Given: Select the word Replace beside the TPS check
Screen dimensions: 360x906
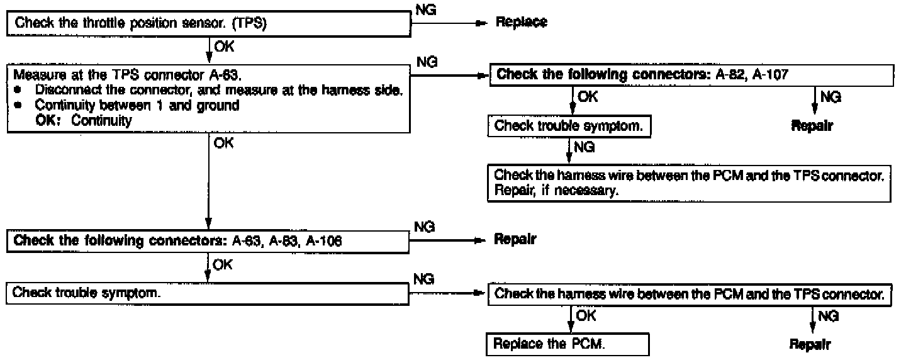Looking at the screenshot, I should pyautogui.click(x=522, y=23).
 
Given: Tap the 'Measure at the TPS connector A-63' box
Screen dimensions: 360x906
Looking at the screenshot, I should pyautogui.click(x=208, y=98).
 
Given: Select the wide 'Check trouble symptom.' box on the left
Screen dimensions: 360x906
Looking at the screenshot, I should pyautogui.click(x=208, y=293).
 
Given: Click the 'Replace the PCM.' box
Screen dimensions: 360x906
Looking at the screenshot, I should pyautogui.click(x=568, y=345).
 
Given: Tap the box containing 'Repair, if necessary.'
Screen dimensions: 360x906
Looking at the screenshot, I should pyautogui.click(x=690, y=184).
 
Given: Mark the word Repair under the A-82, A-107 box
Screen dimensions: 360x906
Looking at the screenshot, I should pyautogui.click(x=812, y=126).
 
